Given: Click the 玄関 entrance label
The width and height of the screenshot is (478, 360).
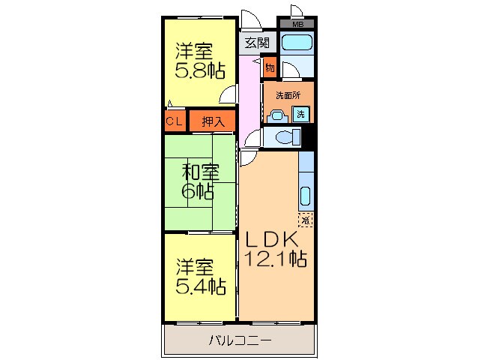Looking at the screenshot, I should pyautogui.click(x=256, y=43).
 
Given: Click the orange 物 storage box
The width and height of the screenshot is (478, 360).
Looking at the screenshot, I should pyautogui.click(x=269, y=68).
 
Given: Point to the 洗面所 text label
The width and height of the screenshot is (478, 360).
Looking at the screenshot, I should pyautogui.click(x=287, y=95).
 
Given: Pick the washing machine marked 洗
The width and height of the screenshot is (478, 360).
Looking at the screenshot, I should pyautogui.click(x=300, y=114).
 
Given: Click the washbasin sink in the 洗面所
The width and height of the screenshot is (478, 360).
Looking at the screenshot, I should pyautogui.click(x=277, y=115).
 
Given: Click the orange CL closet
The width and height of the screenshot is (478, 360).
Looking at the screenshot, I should pyautogui.click(x=175, y=120).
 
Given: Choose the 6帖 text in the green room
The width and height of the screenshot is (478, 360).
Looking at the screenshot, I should pyautogui.click(x=199, y=191).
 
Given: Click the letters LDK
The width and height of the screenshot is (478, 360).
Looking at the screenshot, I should pyautogui.click(x=273, y=240).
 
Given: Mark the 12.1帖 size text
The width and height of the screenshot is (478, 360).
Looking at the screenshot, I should pyautogui.click(x=276, y=260).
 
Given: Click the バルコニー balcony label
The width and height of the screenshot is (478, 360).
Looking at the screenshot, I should pyautogui.click(x=240, y=340).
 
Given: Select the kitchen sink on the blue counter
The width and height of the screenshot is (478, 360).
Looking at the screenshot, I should pyautogui.click(x=306, y=196).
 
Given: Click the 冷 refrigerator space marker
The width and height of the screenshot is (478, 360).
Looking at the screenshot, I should pyautogui.click(x=306, y=220).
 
